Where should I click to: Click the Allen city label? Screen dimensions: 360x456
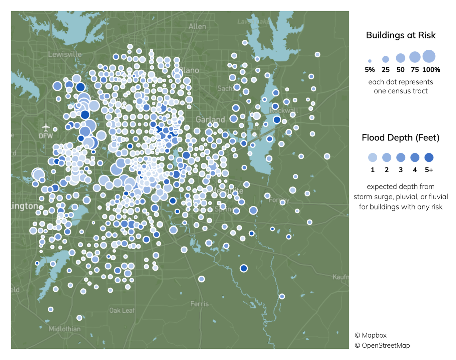click(197, 26)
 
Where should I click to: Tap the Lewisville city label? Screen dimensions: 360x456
click(65, 54)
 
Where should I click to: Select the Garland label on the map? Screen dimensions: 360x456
click(210, 119)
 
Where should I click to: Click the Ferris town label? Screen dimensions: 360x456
click(199, 304)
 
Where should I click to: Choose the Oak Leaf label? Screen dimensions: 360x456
click(122, 310)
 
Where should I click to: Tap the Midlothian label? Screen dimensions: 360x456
click(64, 329)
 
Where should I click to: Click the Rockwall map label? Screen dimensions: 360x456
click(284, 110)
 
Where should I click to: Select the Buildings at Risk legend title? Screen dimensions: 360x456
click(401, 35)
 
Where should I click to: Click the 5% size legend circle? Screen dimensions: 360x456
click(370, 61)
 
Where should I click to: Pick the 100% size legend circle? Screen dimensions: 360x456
click(429, 56)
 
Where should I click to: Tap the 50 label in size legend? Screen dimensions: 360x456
click(401, 70)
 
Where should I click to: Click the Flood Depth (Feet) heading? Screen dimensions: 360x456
click(401, 138)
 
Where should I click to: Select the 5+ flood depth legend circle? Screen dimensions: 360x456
click(429, 157)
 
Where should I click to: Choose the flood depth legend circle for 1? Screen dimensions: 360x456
click(373, 157)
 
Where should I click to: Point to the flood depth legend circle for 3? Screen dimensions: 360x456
click(401, 157)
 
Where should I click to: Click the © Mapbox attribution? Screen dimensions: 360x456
click(371, 335)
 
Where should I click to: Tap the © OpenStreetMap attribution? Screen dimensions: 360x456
click(382, 345)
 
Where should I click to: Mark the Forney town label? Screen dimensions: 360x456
click(279, 200)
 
